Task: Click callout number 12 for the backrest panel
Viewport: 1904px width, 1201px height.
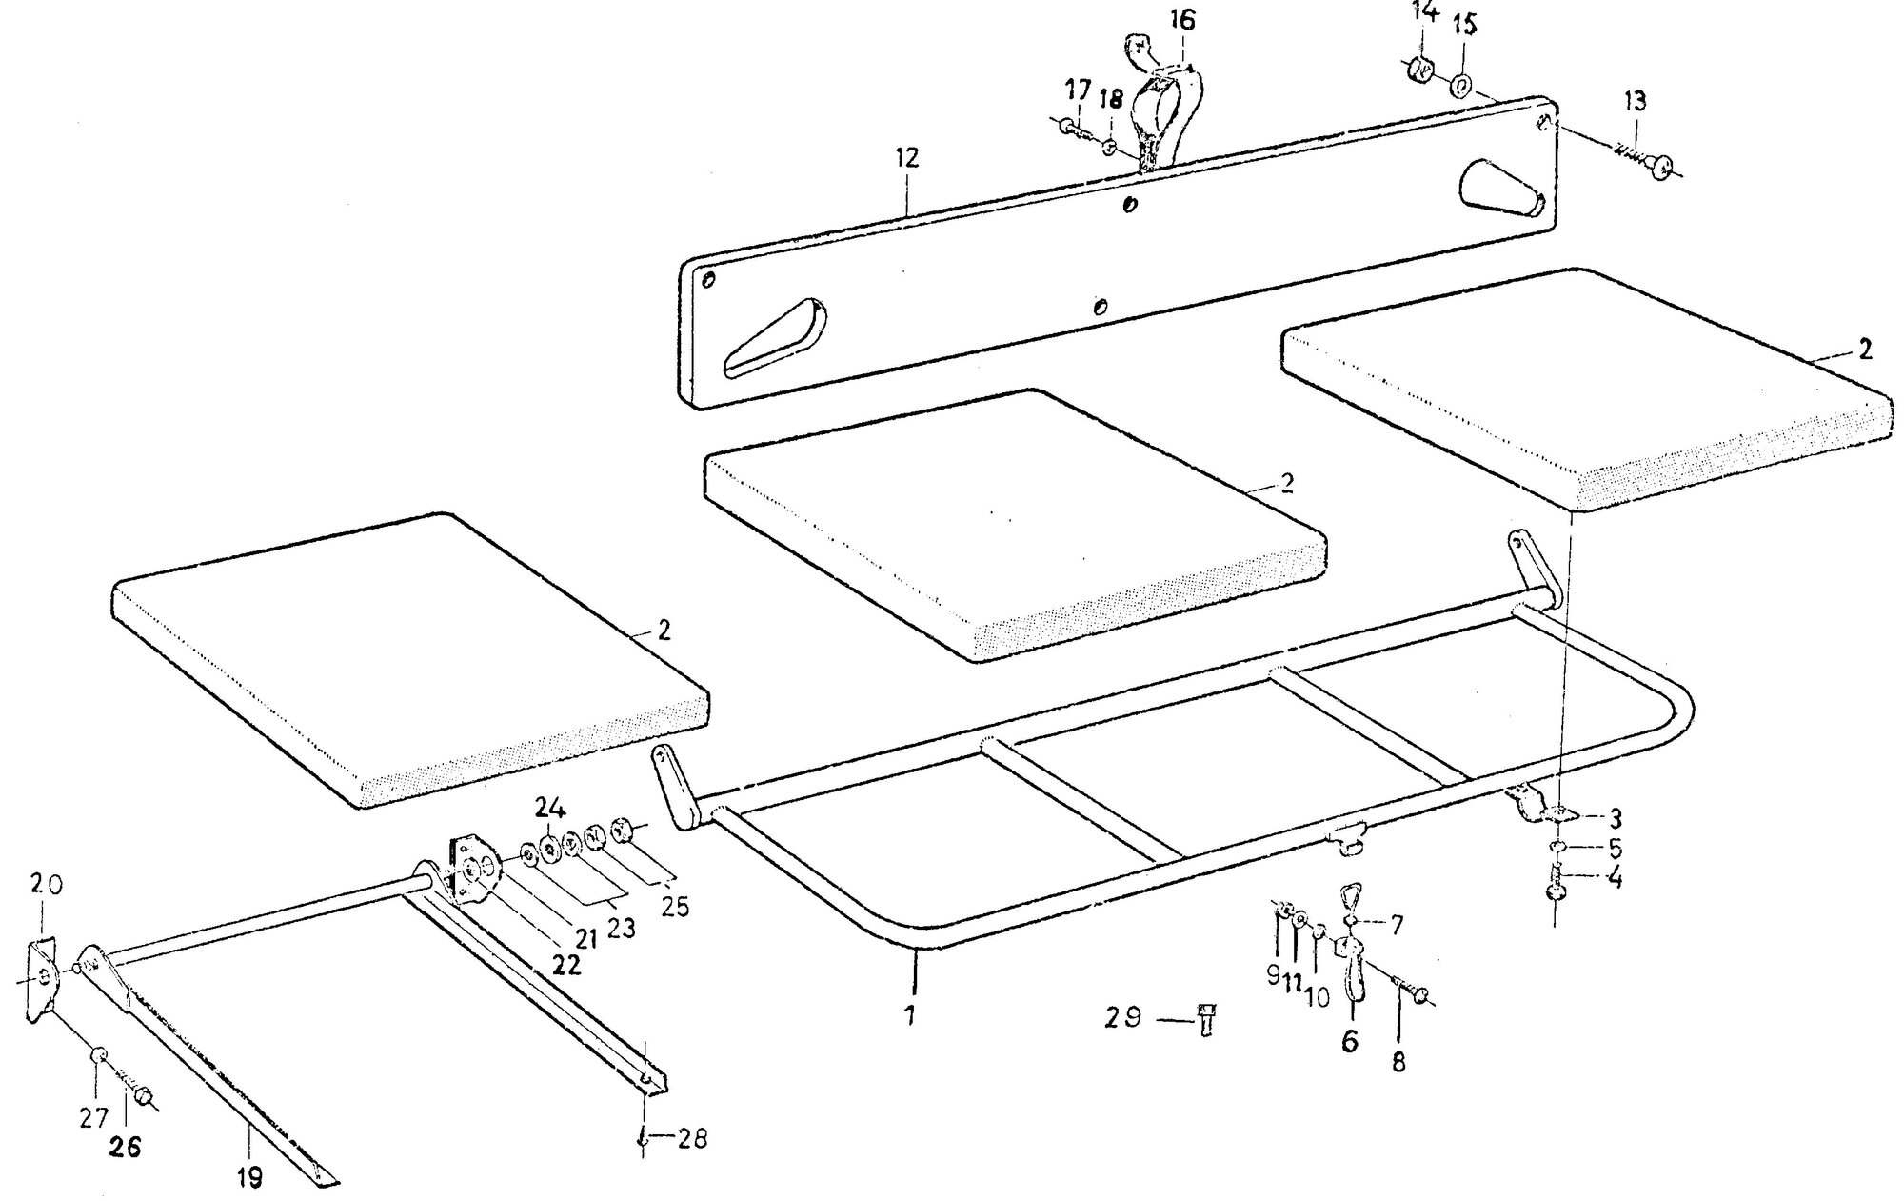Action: tap(906, 157)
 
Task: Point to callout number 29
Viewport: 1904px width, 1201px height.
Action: tap(1123, 1017)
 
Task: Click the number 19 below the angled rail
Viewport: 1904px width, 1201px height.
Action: tap(249, 1178)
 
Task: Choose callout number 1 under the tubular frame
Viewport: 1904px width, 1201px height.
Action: tap(910, 1016)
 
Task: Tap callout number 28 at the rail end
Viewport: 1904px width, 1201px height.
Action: tap(693, 1138)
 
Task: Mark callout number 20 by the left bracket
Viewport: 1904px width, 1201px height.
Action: tap(46, 886)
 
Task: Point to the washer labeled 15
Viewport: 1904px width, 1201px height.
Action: tap(1462, 86)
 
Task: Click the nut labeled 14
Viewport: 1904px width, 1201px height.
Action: tap(1420, 70)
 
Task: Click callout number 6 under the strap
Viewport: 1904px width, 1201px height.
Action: tap(1350, 1041)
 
